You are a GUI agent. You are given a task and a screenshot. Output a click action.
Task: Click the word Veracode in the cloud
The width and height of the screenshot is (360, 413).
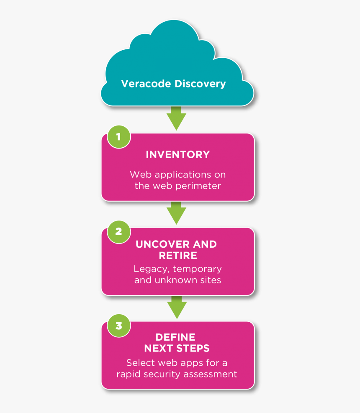pos(146,84)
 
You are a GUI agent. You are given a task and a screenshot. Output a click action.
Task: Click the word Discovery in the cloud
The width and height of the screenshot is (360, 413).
pos(200,84)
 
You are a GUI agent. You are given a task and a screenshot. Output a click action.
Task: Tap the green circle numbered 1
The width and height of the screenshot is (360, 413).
pos(118,136)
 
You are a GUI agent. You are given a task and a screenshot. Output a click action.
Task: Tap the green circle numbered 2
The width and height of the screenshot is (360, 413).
pos(118,231)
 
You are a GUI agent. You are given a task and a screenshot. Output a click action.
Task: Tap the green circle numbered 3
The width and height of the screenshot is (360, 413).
pos(118,325)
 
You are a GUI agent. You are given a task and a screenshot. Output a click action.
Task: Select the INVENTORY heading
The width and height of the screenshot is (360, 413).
pos(177,155)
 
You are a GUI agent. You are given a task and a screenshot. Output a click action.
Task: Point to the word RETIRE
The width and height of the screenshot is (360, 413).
pos(177,255)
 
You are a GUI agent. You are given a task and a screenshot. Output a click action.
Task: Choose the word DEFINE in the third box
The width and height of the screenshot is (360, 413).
pos(175,337)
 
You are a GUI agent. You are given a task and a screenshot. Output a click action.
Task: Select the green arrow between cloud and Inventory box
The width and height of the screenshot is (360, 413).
pos(176,118)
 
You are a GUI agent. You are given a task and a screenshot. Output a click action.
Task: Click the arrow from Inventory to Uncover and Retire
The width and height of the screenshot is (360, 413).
pos(176,213)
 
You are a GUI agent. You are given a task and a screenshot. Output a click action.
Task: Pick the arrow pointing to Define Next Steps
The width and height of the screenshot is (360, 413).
pos(176,307)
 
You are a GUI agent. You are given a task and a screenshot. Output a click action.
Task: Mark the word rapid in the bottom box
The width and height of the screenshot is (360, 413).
pos(129,374)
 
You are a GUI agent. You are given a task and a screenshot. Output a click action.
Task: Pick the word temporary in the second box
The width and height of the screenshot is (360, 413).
pos(197,269)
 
